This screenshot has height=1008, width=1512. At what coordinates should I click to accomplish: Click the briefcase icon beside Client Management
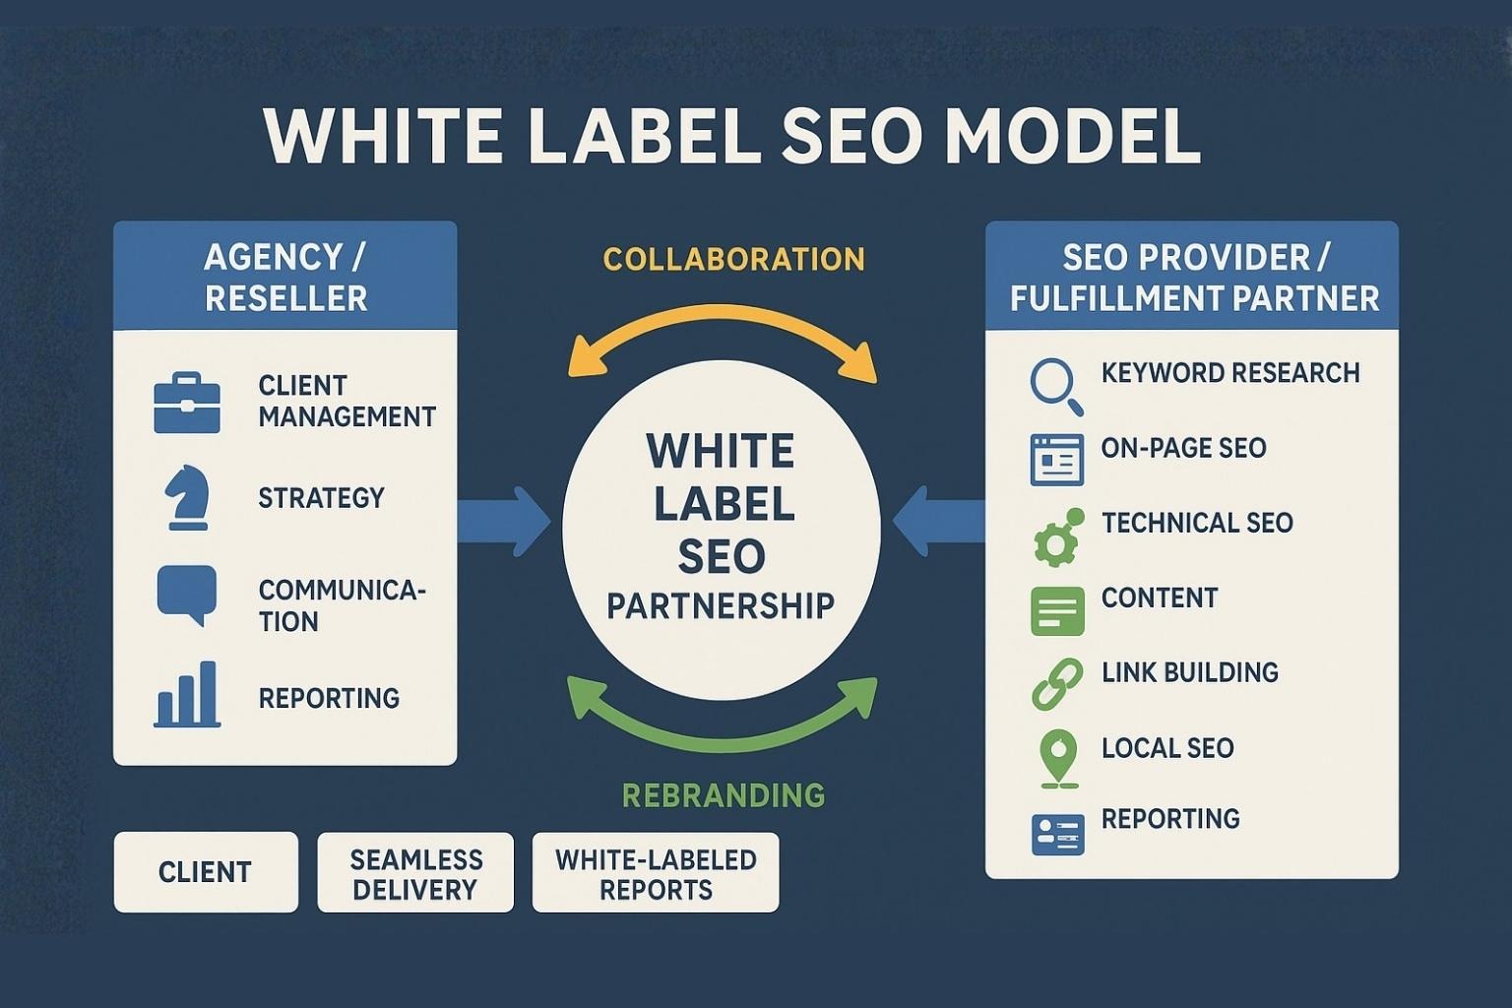187,403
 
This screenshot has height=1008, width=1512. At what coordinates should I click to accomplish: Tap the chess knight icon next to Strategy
187,497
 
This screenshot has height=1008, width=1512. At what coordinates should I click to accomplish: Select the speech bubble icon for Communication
187,596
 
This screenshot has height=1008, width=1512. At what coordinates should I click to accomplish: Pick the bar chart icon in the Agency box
187,694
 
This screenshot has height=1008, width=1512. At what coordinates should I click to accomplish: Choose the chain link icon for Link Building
1058,684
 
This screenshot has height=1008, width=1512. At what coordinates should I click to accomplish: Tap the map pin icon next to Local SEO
1059,759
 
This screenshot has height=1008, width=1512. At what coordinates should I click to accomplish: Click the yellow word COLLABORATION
733,259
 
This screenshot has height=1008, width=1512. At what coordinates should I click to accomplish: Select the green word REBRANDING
724,795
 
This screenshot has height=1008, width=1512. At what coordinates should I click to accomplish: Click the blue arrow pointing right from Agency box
504,522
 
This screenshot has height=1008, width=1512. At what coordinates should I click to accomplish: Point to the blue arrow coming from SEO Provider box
938,522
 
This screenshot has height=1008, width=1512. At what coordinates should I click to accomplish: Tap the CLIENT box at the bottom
206,871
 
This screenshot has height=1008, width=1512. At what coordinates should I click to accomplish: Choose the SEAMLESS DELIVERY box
415,871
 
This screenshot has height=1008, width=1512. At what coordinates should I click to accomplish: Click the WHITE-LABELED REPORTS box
656,871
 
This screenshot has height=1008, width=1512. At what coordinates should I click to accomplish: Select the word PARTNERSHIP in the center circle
721,605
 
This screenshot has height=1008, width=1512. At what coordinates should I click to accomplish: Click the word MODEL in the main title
1074,136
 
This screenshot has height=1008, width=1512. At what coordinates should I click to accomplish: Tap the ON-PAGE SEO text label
1184,448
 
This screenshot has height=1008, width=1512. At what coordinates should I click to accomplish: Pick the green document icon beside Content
1058,611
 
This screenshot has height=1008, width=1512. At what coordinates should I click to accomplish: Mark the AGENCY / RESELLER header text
285,278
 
